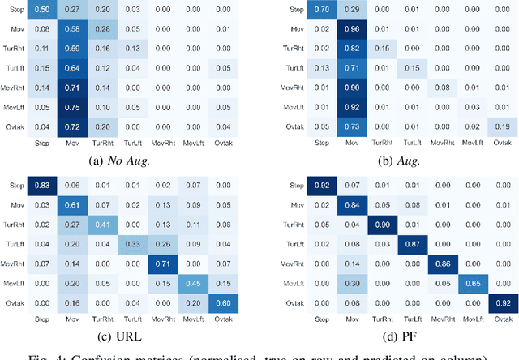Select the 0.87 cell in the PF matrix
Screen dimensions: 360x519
tap(420, 244)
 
